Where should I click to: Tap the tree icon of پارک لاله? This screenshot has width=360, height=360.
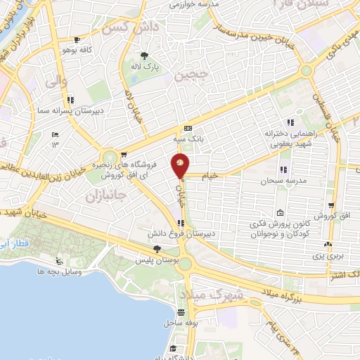(x=145, y=56)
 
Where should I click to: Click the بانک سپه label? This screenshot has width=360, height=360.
(x=188, y=139)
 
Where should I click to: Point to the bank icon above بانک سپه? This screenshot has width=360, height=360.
(x=188, y=129)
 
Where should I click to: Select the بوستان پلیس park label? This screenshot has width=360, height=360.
(x=157, y=260)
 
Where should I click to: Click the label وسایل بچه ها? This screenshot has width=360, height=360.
(x=61, y=271)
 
